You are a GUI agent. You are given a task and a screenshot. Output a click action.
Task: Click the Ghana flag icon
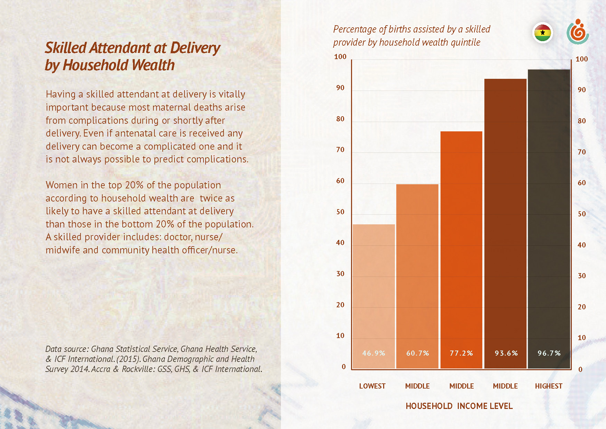pyautogui.click(x=542, y=33)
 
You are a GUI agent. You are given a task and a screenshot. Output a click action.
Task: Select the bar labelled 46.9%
pyautogui.click(x=373, y=294)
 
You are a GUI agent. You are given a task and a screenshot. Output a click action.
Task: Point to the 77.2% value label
pyautogui.click(x=461, y=353)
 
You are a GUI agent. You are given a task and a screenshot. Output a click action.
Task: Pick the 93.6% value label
pyautogui.click(x=506, y=353)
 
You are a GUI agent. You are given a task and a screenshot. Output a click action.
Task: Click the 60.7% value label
pyautogui.click(x=417, y=353)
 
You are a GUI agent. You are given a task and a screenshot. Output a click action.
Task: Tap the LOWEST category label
pyautogui.click(x=372, y=386)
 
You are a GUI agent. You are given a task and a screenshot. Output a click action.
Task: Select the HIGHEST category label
pyautogui.click(x=549, y=386)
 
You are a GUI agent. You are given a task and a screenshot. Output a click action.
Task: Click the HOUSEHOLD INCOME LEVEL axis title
pyautogui.click(x=459, y=406)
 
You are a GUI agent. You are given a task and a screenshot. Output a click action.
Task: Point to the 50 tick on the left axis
pyautogui.click(x=340, y=212)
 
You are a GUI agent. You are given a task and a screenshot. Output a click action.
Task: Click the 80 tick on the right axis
pyautogui.click(x=582, y=121)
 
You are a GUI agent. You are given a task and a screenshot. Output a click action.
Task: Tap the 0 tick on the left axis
pyautogui.click(x=343, y=367)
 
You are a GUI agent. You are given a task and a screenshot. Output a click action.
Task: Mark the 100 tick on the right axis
pyautogui.click(x=581, y=59)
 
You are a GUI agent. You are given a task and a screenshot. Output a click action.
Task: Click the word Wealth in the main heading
pyautogui.click(x=153, y=65)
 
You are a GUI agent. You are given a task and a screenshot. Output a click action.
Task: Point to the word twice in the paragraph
pyautogui.click(x=211, y=198)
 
